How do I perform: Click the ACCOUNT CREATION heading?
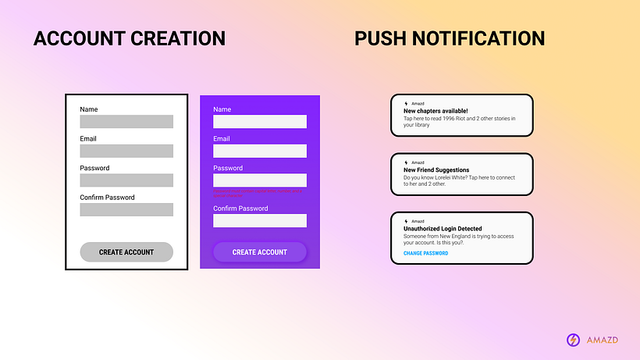coord(129,38)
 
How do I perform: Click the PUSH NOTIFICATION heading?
coord(450,38)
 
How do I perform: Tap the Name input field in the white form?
coord(126,122)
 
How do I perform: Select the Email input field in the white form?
coord(126,151)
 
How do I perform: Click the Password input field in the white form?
coord(126,180)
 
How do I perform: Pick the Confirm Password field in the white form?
coord(126,209)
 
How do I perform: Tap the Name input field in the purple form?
coord(260,122)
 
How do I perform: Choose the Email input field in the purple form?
coord(260,151)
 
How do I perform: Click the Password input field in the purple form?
coord(260,180)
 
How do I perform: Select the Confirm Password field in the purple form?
coord(260,220)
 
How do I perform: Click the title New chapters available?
coord(436,111)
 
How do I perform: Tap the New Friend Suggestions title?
coord(436,169)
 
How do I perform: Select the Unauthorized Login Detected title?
coord(443,229)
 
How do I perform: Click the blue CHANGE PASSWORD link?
coord(425,253)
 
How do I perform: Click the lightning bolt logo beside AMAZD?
coord(573,340)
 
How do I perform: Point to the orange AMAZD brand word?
coord(602,340)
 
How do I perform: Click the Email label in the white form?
coord(88,139)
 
